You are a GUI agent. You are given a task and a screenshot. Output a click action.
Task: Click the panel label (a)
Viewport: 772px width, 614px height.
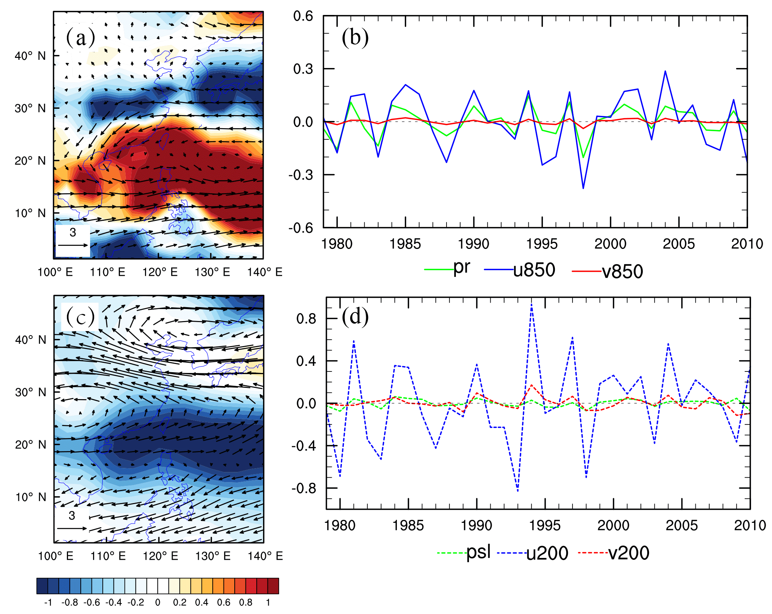tap(80, 38)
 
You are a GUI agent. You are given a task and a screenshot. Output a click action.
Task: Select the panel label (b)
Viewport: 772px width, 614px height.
tap(355, 38)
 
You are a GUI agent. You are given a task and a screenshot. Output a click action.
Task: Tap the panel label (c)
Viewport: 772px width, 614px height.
tap(80, 317)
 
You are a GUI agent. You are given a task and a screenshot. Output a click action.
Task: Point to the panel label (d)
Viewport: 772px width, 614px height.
tap(355, 317)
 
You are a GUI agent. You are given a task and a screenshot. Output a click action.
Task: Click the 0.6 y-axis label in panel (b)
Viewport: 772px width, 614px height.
tap(303, 16)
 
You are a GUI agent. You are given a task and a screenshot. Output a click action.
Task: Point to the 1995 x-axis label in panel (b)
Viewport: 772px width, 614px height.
tap(542, 244)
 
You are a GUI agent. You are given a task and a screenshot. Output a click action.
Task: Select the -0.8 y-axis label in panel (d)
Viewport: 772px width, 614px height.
tap(304, 488)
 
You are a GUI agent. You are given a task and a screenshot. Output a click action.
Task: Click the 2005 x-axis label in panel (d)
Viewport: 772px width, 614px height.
tap(682, 525)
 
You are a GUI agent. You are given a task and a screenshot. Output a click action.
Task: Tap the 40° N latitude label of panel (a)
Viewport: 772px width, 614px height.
tap(30, 56)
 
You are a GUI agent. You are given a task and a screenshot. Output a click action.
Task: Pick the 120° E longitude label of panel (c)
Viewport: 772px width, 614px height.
tap(160, 556)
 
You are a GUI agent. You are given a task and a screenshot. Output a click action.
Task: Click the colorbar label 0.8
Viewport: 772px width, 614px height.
tap(246, 602)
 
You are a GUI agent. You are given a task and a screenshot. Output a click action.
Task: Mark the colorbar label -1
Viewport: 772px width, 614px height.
tap(48, 602)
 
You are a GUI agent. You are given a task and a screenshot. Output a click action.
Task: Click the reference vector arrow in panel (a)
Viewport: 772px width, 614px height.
tap(72, 245)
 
